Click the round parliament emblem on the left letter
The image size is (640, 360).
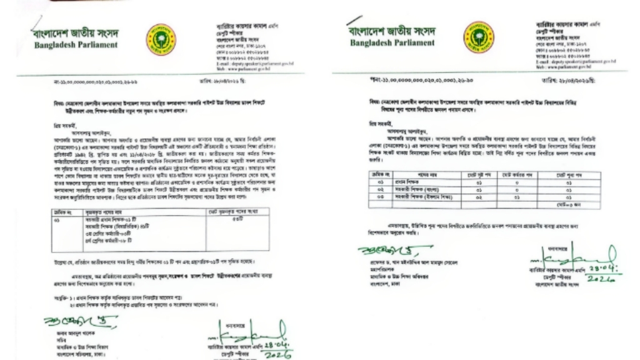[161, 39]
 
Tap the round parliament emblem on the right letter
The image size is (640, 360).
[478, 36]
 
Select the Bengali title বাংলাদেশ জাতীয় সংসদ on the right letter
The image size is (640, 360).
[392, 31]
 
